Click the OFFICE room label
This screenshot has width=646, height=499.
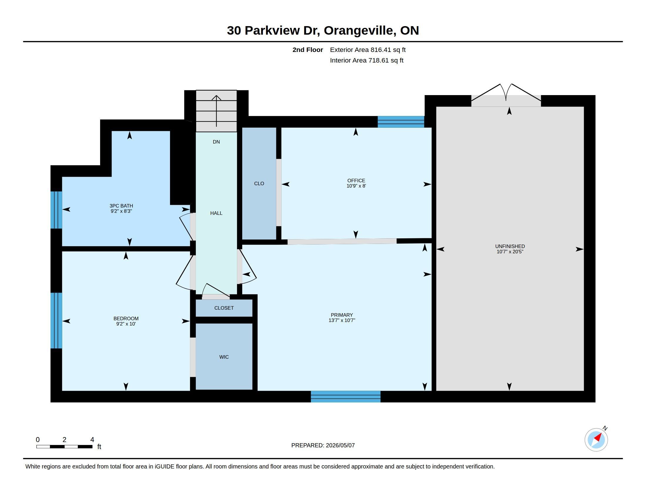(x=356, y=181)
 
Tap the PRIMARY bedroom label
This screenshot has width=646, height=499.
(x=341, y=315)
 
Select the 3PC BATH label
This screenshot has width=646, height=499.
(x=121, y=206)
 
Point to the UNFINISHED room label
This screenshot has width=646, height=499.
(x=510, y=247)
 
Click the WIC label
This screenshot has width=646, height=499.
(x=224, y=357)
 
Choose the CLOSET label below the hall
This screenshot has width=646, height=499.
(x=224, y=308)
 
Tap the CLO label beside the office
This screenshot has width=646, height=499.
(x=259, y=183)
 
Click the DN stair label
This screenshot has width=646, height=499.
(x=216, y=142)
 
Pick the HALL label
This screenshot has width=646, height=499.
(x=216, y=213)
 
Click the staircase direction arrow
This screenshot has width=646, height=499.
(x=216, y=111)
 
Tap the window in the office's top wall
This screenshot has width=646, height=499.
(x=401, y=122)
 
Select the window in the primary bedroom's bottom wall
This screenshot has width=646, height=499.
(x=346, y=397)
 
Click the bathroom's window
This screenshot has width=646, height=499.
(x=56, y=210)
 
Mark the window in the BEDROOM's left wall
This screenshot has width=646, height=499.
(x=56, y=321)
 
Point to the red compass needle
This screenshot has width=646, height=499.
(x=598, y=438)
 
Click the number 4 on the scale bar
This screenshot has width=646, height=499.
(x=92, y=440)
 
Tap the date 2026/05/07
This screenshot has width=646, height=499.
(x=340, y=445)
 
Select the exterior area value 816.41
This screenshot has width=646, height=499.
(x=379, y=50)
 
